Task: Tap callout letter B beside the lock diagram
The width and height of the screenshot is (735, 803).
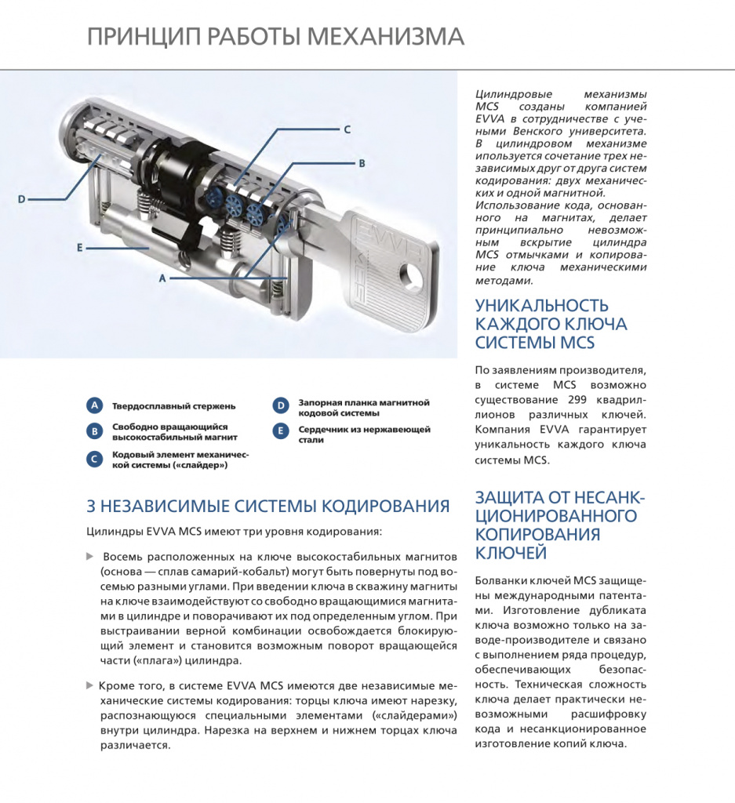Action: click(362, 164)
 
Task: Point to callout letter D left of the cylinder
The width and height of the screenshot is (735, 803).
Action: click(22, 199)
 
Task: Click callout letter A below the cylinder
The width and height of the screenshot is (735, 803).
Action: click(162, 278)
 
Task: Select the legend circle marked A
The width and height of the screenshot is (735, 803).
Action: click(94, 405)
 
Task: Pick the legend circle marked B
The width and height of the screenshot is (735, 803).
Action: click(94, 431)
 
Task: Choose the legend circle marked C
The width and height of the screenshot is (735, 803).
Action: click(94, 459)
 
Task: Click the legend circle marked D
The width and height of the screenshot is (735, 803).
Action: click(280, 405)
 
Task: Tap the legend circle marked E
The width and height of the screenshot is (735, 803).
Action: click(280, 431)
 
